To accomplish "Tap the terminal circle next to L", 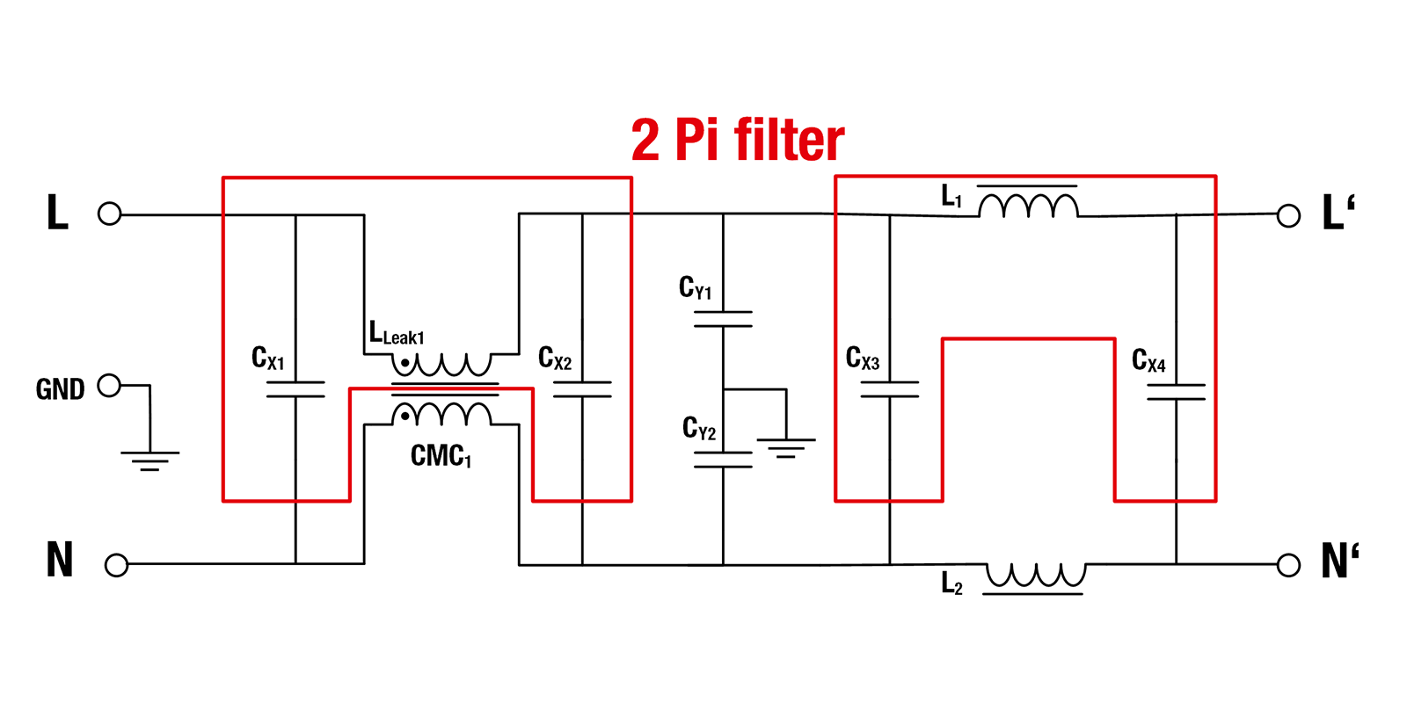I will [x=109, y=214].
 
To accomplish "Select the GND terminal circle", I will [x=109, y=385].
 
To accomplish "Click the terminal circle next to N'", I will [x=1288, y=564].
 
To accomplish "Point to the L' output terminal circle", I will [x=1288, y=215].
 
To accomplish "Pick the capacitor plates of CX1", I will [x=295, y=389].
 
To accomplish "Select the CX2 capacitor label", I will [x=555, y=359].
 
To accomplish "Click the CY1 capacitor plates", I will [x=723, y=319].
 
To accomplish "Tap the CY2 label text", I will [x=699, y=429].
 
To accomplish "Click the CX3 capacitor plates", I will [x=889, y=389].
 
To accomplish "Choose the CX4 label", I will [x=1148, y=360].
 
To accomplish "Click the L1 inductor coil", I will [x=1028, y=207].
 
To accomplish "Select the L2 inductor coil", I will [x=1035, y=576].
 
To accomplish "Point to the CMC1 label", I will [x=441, y=456].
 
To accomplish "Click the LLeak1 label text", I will [x=397, y=335].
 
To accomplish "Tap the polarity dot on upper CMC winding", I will [x=405, y=362].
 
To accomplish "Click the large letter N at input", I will [x=59, y=560].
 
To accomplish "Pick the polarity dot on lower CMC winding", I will [x=405, y=417].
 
